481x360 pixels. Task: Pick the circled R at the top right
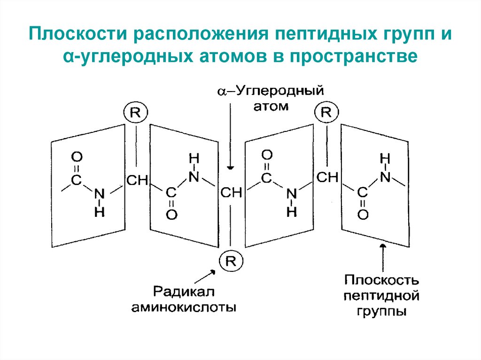click(x=326, y=112)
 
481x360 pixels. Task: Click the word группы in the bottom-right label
click(x=381, y=311)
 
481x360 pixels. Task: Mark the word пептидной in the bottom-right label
click(x=381, y=296)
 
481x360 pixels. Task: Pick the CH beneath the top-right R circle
click(x=327, y=177)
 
